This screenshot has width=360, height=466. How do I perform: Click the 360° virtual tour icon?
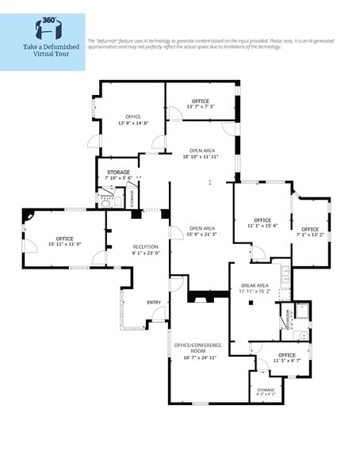[43, 28]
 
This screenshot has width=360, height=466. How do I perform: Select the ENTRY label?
[154, 302]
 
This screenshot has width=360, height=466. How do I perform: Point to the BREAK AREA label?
[255, 286]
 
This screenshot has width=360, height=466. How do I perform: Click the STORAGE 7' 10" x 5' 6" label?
[117, 174]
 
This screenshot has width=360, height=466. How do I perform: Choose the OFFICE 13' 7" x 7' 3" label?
[200, 104]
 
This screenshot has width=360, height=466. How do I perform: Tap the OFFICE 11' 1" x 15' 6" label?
[262, 223]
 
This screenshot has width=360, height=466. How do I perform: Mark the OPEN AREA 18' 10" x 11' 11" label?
[200, 153]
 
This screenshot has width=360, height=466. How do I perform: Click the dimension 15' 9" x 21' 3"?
[201, 234]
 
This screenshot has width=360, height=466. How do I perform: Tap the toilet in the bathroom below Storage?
[105, 204]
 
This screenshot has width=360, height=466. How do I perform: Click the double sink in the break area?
[287, 274]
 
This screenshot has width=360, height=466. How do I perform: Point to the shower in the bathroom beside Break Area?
[302, 310]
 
